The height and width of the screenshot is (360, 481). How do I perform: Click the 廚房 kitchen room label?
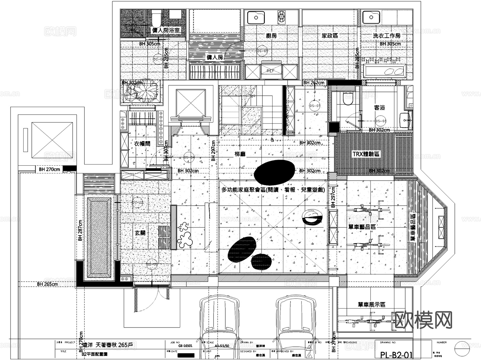271,36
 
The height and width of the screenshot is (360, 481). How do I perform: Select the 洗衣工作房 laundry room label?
386,36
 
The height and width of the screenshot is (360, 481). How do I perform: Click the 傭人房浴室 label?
166,30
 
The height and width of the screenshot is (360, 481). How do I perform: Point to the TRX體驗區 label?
366,154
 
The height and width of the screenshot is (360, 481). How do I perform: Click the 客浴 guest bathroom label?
379,108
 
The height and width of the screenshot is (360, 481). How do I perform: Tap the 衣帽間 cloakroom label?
142,144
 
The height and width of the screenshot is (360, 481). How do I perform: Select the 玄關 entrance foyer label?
140,233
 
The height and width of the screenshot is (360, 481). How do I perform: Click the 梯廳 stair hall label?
240,154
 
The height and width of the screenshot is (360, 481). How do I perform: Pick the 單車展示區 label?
371,304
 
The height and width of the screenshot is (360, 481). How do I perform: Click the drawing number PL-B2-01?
397,355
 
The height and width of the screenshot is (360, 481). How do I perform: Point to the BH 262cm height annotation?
314,83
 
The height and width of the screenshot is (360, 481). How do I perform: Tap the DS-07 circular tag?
315,106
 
